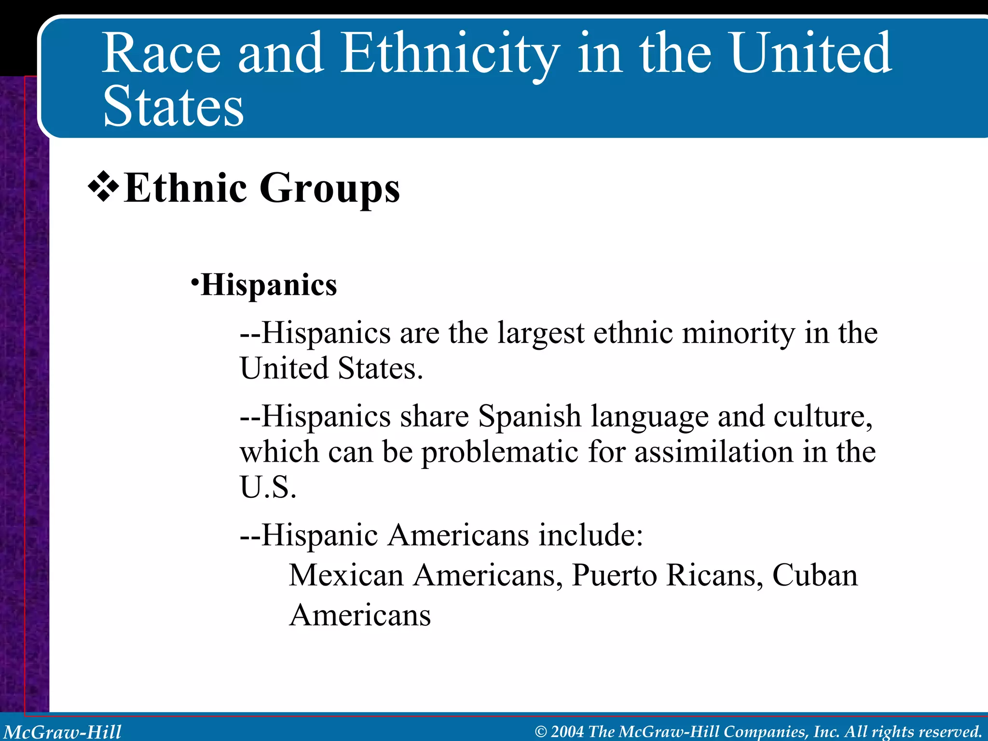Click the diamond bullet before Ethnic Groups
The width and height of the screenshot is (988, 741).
click(x=103, y=188)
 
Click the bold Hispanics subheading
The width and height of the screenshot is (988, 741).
click(x=269, y=285)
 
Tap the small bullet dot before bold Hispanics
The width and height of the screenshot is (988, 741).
click(x=194, y=281)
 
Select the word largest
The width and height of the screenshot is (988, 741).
click(x=541, y=334)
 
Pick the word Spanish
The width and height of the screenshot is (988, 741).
click(x=529, y=416)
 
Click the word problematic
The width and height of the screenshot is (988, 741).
click(x=499, y=453)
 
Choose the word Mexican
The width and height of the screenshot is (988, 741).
click(x=346, y=576)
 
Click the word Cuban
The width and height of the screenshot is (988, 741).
click(x=815, y=576)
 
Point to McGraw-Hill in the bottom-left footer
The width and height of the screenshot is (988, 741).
click(x=62, y=732)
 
